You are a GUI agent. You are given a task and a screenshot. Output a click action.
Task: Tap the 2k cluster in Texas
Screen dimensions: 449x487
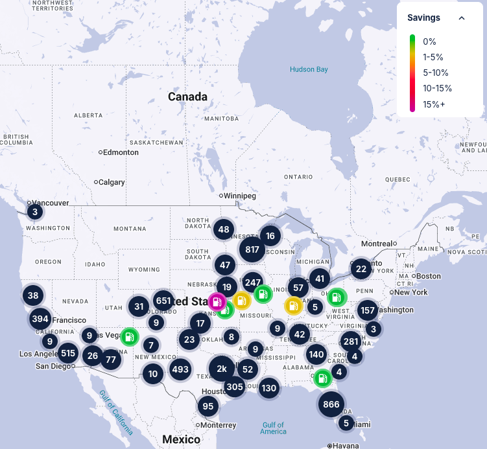point(222,369)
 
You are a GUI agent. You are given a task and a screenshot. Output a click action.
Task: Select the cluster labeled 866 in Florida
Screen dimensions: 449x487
point(331,404)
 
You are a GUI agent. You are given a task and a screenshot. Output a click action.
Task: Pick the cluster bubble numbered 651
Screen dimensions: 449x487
point(163,301)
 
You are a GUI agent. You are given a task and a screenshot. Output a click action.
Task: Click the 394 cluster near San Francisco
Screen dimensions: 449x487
point(40,319)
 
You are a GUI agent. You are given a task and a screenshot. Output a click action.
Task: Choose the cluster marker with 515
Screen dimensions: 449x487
point(67,353)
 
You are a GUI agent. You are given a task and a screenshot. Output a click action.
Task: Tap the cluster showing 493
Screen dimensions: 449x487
point(180,369)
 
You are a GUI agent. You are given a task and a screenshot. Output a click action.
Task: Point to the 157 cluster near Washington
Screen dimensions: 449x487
point(368,310)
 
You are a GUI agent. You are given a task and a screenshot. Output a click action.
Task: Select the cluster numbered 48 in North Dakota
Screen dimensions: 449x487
point(224,229)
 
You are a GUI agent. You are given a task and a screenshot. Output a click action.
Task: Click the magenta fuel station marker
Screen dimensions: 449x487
point(217,302)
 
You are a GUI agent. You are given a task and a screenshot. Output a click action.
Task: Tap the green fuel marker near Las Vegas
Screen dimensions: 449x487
point(130,336)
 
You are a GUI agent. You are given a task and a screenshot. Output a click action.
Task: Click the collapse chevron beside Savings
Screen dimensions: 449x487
point(462,18)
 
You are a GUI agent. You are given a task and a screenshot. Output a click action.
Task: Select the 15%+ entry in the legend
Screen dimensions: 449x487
point(434,104)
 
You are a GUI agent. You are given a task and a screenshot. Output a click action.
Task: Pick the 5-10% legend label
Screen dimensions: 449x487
point(436,73)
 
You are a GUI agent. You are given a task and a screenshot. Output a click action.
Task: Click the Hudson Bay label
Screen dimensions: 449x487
point(309,69)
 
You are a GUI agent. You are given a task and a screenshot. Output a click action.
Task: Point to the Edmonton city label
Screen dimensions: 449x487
point(121,152)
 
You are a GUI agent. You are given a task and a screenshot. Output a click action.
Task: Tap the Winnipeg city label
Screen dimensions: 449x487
point(240,196)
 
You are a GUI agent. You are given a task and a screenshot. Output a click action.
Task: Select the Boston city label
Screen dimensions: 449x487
point(429,276)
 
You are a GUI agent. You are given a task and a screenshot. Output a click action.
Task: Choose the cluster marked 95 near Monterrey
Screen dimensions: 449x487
point(208,407)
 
